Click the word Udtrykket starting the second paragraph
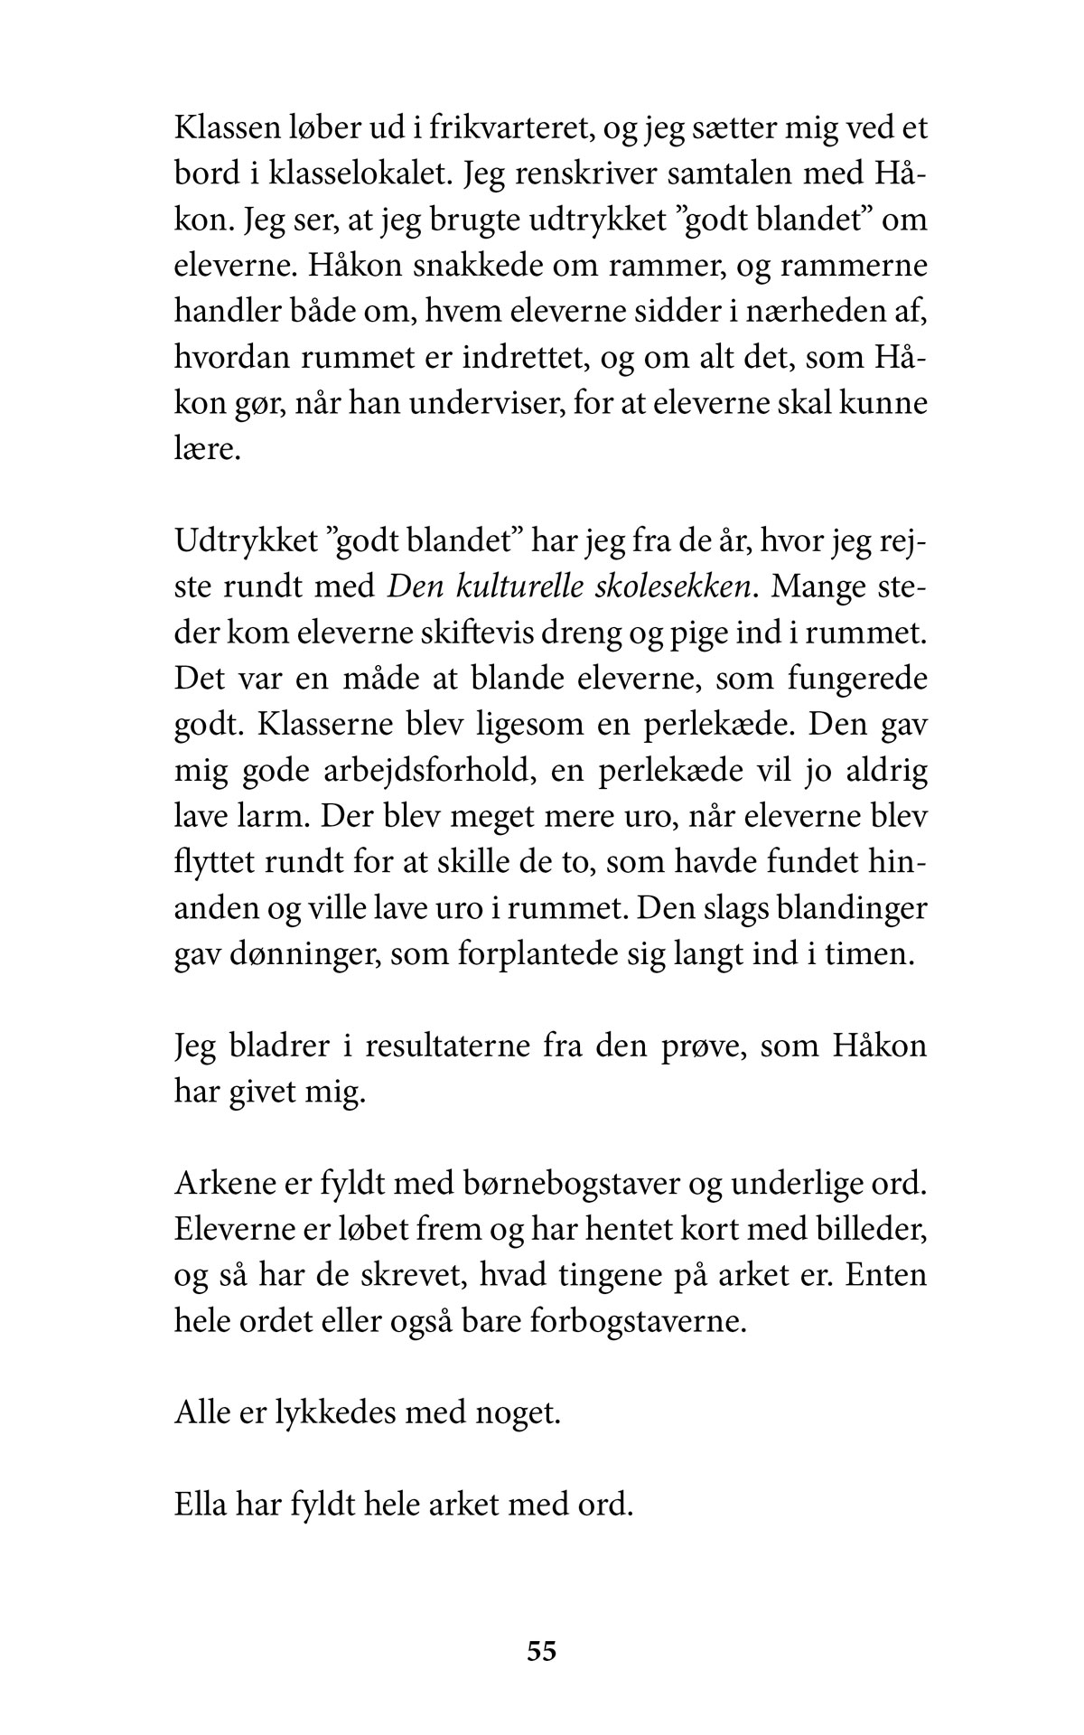pyautogui.click(x=246, y=541)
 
